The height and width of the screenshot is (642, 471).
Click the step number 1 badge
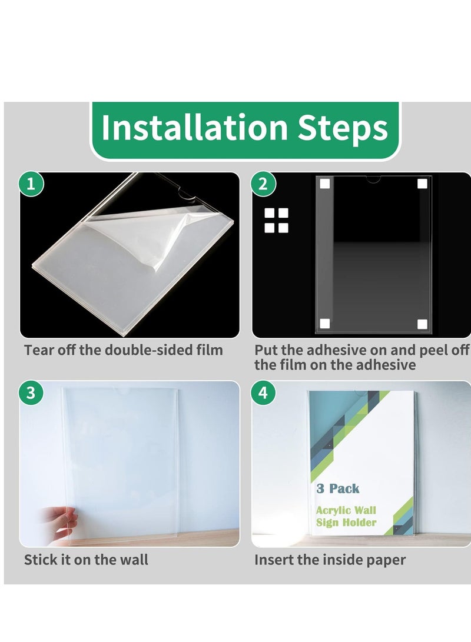pyautogui.click(x=31, y=184)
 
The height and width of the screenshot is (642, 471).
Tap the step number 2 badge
pyautogui.click(x=263, y=184)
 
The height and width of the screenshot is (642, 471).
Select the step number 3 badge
pyautogui.click(x=31, y=392)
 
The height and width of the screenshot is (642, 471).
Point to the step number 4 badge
pyautogui.click(x=263, y=392)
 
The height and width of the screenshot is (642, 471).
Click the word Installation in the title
pyautogui.click(x=194, y=127)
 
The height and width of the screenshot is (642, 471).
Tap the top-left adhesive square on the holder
pyautogui.click(x=325, y=184)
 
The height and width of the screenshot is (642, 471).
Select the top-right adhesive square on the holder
pyautogui.click(x=422, y=184)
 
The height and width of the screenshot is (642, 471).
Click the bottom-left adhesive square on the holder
pyautogui.click(x=325, y=324)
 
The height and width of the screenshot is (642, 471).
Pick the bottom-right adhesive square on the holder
pyautogui.click(x=422, y=324)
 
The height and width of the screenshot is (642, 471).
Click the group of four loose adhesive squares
pyautogui.click(x=277, y=220)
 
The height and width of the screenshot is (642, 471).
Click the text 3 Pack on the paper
pyautogui.click(x=338, y=488)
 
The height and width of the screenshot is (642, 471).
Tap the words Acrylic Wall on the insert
pyautogui.click(x=346, y=510)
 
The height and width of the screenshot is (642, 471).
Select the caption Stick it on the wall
pyautogui.click(x=86, y=560)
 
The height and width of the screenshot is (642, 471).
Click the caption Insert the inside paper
pyautogui.click(x=330, y=560)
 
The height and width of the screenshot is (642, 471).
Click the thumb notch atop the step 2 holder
pyautogui.click(x=373, y=179)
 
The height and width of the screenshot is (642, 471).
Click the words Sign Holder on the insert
pyautogui.click(x=346, y=523)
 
